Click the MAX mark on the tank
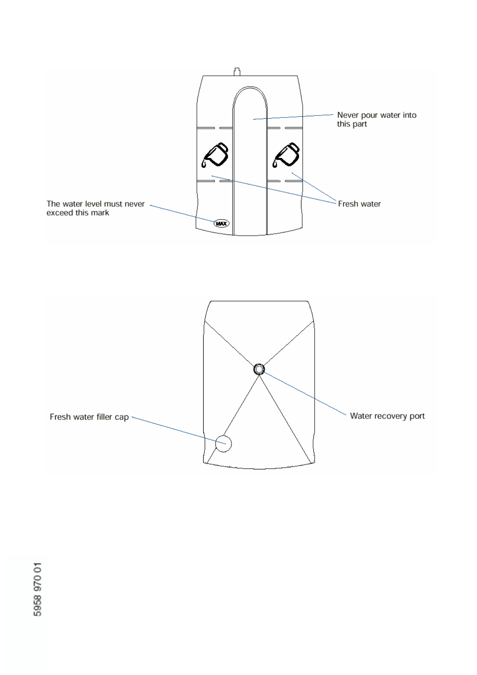[x=221, y=223]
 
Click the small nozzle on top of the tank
[x=237, y=72]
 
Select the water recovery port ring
[x=259, y=369]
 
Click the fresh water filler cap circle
[x=223, y=443]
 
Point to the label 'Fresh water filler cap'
[x=89, y=417]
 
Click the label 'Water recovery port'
[x=387, y=416]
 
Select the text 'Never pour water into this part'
[x=376, y=119]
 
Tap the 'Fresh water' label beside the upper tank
[x=359, y=204]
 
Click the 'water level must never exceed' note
[x=95, y=208]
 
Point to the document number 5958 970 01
[x=38, y=589]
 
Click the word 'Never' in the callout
[x=348, y=115]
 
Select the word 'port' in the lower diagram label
[x=417, y=416]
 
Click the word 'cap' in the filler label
[x=121, y=417]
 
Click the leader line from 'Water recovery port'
[x=305, y=393]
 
